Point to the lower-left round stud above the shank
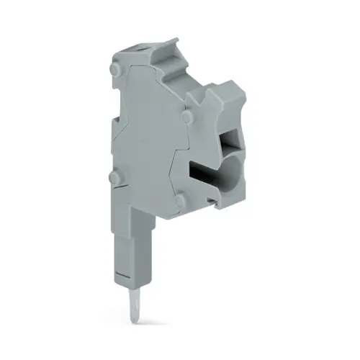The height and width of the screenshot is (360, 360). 112,177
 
